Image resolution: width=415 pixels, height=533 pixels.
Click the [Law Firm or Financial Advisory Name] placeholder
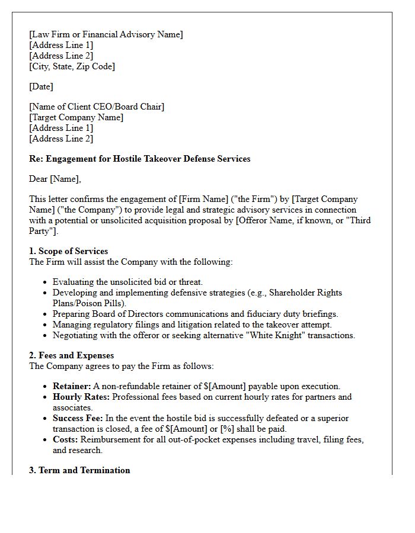106,34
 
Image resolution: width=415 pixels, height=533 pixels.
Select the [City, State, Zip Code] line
72,66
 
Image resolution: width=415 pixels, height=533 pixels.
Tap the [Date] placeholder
41,86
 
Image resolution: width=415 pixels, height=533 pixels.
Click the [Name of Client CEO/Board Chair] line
97,107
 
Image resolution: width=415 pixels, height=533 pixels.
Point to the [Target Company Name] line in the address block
76,117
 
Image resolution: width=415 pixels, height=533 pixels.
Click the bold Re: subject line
140,159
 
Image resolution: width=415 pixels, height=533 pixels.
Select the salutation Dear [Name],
55,179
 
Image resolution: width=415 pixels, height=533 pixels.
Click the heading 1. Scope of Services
69,251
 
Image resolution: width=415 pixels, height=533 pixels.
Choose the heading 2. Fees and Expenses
72,355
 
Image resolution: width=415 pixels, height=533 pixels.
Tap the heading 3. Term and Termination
79,470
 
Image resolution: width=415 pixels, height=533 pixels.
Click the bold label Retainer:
72,386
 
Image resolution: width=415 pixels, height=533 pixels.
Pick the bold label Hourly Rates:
81,397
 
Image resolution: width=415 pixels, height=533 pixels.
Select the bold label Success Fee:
78,418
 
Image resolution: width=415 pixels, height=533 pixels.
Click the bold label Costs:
65,439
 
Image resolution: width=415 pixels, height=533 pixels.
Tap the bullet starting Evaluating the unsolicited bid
127,282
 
